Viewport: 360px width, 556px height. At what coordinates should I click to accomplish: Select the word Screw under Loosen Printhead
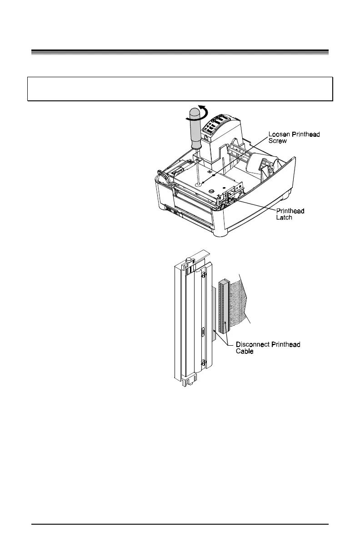point(277,141)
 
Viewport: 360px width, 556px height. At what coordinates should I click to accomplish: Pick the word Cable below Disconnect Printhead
point(245,351)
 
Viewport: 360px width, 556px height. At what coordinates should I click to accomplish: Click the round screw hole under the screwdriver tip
point(199,184)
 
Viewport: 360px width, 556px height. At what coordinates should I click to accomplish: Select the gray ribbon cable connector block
point(223,307)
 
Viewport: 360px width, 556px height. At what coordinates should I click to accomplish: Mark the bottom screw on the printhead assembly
point(204,362)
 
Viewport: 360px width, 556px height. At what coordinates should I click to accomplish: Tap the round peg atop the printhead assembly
point(187,260)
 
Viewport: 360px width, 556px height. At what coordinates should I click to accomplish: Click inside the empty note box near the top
point(180,89)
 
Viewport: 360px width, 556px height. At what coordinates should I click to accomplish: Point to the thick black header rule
point(180,51)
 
